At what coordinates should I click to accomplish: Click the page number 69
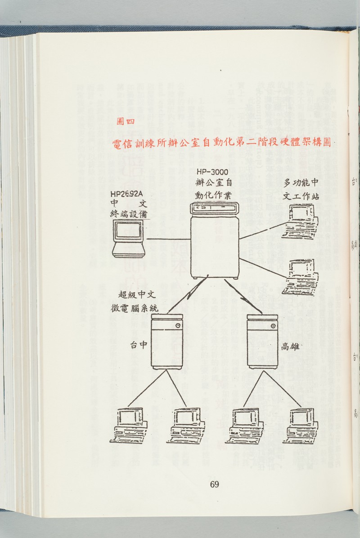click(214, 484)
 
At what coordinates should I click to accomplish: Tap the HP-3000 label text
click(212, 172)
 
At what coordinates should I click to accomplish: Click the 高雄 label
click(291, 346)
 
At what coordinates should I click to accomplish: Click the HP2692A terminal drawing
click(129, 239)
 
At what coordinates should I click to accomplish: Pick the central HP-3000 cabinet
click(214, 245)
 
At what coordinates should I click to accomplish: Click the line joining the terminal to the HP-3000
click(168, 239)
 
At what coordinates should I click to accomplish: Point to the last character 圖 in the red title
click(324, 142)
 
